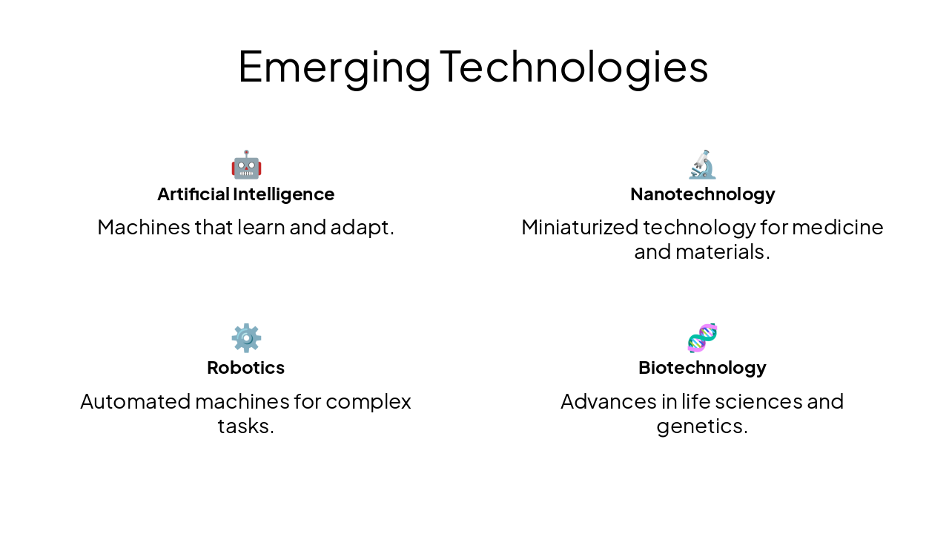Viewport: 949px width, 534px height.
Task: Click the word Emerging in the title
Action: [x=334, y=67]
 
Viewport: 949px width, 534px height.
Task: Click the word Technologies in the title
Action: [x=574, y=67]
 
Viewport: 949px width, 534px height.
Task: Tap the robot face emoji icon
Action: [x=246, y=165]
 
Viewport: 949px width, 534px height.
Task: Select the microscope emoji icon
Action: [x=702, y=165]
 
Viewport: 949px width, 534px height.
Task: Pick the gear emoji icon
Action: [x=246, y=338]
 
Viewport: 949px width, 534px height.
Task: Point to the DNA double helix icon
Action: [x=702, y=338]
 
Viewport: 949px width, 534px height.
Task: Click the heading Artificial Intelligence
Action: [x=246, y=194]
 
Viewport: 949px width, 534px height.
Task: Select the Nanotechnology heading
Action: [x=702, y=194]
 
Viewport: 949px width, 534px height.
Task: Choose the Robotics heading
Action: [x=246, y=368]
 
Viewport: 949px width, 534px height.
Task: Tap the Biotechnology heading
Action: [x=702, y=368]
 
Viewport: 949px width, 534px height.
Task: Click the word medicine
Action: [x=838, y=227]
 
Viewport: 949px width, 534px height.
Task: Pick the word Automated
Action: [x=135, y=401]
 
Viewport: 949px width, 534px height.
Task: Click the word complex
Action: [x=368, y=402]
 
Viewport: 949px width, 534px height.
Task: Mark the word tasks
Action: [x=245, y=426]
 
